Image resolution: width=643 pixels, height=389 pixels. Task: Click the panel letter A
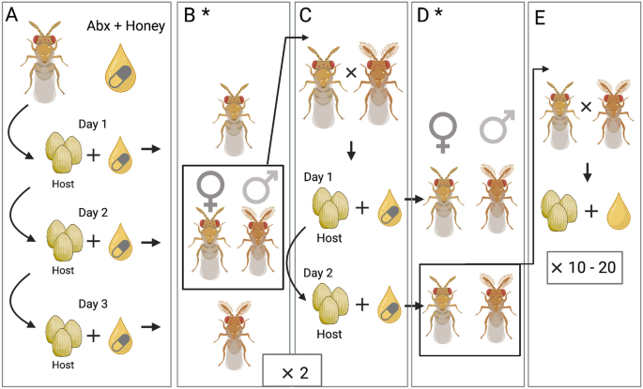tap(12, 16)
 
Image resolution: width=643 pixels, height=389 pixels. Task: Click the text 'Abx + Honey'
tap(125, 27)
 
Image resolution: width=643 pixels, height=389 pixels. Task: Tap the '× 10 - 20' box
tap(583, 267)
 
